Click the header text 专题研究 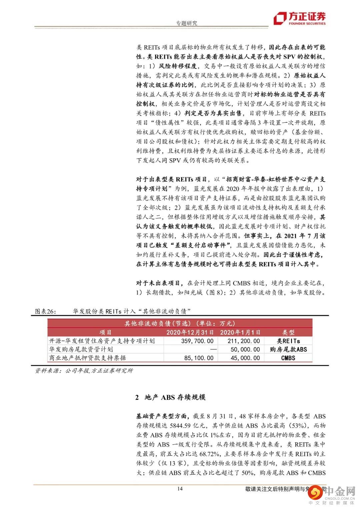(x=186, y=23)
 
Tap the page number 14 (x=180, y=489)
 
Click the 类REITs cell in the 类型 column (x=288, y=341)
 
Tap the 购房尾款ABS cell (x=288, y=349)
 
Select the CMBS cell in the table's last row (x=288, y=358)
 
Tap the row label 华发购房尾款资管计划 (x=81, y=349)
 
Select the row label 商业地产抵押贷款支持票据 (x=87, y=358)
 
